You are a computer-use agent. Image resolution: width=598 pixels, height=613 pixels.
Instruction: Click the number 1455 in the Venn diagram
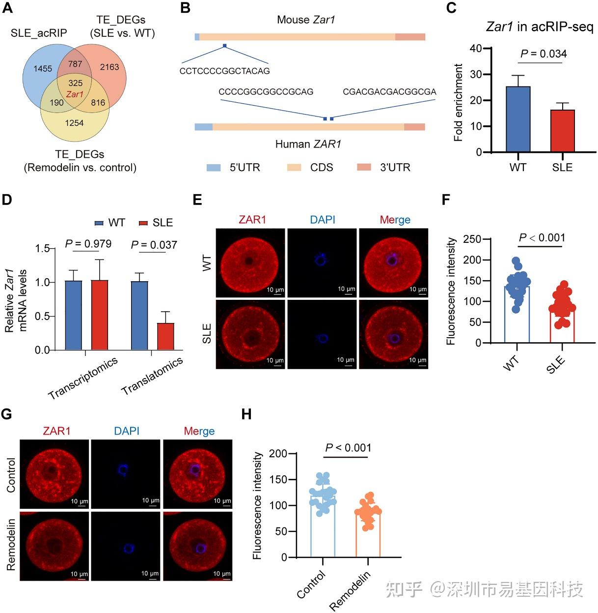tap(43, 68)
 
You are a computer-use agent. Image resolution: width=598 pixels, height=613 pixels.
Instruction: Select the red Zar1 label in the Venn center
tap(75, 94)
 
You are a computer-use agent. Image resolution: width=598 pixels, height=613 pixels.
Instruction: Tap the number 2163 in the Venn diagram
tap(109, 67)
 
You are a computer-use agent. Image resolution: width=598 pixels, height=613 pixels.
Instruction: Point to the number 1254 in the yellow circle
tap(74, 123)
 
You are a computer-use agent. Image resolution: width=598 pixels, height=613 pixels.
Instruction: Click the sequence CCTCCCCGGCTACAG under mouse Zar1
tap(224, 71)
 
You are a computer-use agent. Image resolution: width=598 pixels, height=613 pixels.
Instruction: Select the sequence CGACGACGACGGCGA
tap(389, 92)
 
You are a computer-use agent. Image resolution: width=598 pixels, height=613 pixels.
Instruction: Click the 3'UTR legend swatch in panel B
tap(364, 168)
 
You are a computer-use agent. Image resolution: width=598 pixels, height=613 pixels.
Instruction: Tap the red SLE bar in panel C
tap(562, 131)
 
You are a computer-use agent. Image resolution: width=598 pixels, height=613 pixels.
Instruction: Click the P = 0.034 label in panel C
tap(543, 54)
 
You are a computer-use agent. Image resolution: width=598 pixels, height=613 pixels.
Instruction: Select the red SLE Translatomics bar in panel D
tap(165, 336)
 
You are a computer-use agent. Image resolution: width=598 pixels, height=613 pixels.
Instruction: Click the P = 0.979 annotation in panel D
tap(88, 244)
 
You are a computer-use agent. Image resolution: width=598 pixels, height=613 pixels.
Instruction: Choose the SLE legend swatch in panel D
tap(143, 223)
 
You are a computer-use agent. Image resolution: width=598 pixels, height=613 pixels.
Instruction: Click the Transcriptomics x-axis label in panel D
tap(83, 378)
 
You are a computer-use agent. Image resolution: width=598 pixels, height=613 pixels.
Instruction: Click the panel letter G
tap(7, 414)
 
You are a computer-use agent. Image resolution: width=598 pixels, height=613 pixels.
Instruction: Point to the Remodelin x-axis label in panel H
tap(350, 590)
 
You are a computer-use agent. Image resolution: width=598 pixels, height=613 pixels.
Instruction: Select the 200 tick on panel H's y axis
tap(278, 454)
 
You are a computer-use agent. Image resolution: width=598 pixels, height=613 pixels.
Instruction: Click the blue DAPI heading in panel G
tap(127, 431)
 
